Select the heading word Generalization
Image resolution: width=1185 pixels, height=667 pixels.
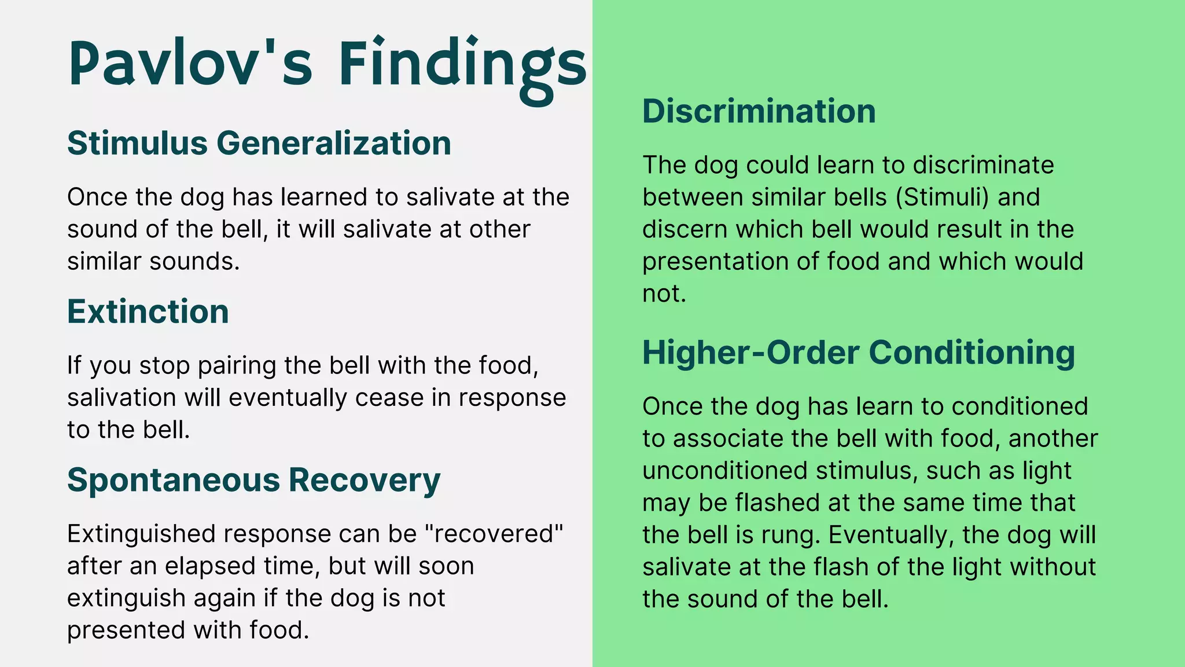point(334,143)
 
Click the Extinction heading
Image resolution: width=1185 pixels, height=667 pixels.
point(148,311)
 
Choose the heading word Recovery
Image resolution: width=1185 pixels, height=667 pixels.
point(365,481)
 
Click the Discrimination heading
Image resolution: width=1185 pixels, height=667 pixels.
point(759,111)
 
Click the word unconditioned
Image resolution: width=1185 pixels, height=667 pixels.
point(724,471)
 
